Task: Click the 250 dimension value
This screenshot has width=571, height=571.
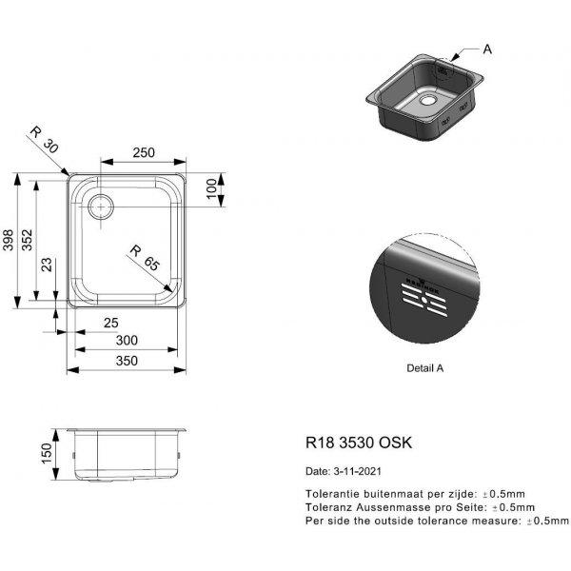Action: click(x=144, y=152)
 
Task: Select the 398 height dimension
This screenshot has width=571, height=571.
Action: click(x=8, y=241)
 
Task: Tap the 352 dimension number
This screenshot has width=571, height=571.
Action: click(x=27, y=240)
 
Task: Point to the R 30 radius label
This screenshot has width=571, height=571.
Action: click(x=44, y=140)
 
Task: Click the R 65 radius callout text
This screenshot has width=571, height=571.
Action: click(x=145, y=258)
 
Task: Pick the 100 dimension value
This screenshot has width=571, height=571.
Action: click(x=211, y=189)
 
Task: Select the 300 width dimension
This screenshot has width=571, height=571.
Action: click(x=127, y=341)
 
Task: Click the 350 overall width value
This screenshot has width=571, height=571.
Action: click(x=127, y=361)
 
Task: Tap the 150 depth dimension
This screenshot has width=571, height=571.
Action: click(x=47, y=453)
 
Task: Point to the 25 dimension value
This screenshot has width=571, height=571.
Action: click(x=111, y=323)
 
